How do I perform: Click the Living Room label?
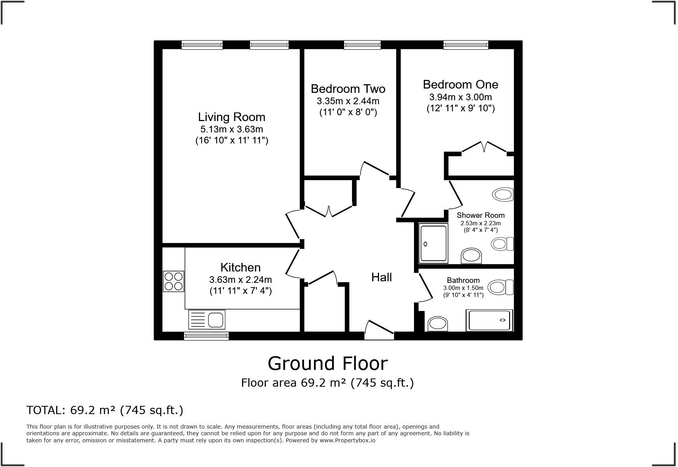tap(231, 117)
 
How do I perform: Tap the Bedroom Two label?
tap(348, 89)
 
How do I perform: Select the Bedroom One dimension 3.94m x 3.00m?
tap(460, 97)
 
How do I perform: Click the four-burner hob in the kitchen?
tap(174, 281)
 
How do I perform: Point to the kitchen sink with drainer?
tap(207, 319)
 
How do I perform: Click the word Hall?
tap(381, 277)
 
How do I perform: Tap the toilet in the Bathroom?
tap(502, 287)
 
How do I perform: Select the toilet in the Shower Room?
tap(502, 244)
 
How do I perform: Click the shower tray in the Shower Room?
tap(433, 243)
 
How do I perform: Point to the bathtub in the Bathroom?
tap(489, 320)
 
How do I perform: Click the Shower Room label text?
tap(480, 215)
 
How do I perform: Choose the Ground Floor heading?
tap(328, 364)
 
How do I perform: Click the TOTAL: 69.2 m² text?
tap(105, 410)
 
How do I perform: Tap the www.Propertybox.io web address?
tap(347, 440)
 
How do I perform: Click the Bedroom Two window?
tap(362, 45)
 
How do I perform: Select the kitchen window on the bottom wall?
tap(206, 336)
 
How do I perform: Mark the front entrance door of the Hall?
tap(379, 330)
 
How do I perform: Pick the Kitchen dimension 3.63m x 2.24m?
tap(240, 280)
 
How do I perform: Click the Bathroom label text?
tap(463, 281)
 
